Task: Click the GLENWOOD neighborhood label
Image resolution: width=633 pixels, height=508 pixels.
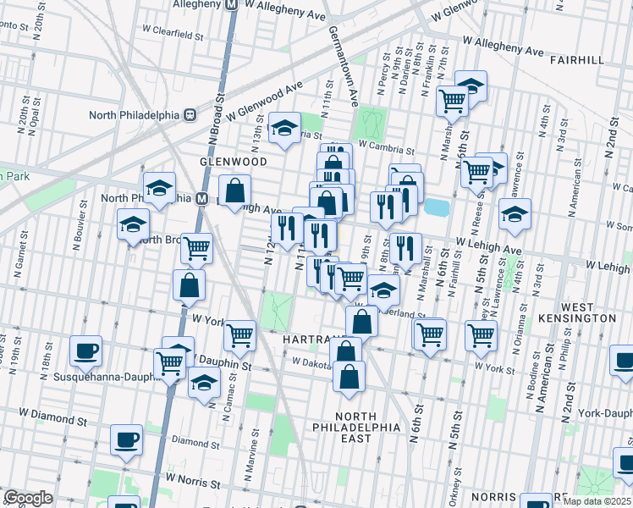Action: click(233, 162)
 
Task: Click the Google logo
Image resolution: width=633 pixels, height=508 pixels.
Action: click(28, 498)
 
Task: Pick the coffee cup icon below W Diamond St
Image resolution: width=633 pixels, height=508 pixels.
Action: click(127, 439)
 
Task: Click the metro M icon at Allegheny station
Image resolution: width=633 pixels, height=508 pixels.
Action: click(229, 4)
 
